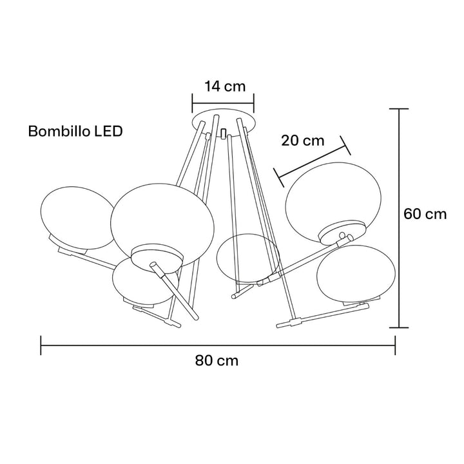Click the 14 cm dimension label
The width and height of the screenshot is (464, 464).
point(225,86)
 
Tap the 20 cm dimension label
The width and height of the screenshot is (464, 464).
point(302,140)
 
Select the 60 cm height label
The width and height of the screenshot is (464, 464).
point(425,214)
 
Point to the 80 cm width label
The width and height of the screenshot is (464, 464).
point(217,361)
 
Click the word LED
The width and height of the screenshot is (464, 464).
point(108,131)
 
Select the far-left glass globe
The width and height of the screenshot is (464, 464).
point(77,218)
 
